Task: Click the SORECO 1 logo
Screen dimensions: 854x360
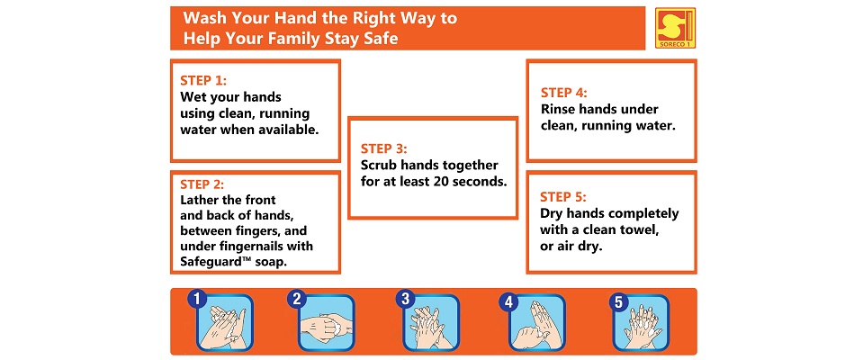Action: tap(675, 28)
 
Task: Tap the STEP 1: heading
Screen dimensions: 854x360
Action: tap(203, 81)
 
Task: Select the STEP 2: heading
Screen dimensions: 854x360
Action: tap(202, 184)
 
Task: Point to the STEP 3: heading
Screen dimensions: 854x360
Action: tap(383, 148)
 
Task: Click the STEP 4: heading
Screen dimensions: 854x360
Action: tap(564, 93)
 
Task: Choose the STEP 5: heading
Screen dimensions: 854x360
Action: tap(563, 196)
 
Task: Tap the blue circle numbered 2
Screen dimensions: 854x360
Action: tap(297, 299)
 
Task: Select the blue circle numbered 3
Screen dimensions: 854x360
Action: tap(405, 299)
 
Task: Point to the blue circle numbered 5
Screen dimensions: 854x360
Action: tap(618, 301)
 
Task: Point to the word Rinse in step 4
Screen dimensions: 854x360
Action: tap(557, 110)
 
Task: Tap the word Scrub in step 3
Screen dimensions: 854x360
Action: tap(377, 165)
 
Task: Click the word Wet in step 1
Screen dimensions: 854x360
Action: tap(191, 97)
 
